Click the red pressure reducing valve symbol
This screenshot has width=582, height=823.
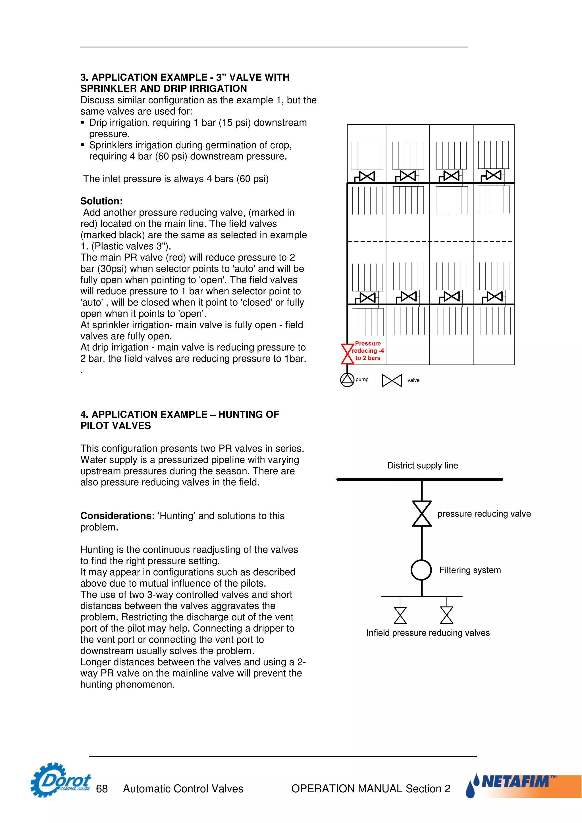tap(347, 354)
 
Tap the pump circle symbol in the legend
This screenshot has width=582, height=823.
tap(347, 380)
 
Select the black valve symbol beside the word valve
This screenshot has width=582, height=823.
tap(392, 380)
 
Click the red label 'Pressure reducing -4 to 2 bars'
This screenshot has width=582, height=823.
tap(368, 350)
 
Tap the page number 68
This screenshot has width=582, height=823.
tap(102, 789)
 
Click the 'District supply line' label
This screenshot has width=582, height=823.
tap(422, 465)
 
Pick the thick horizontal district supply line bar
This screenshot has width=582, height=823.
tap(419, 479)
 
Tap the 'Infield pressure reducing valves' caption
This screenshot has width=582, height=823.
tap(428, 633)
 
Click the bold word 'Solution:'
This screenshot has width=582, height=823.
tap(101, 201)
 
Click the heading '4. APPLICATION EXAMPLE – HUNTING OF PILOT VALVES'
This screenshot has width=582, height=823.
tap(179, 420)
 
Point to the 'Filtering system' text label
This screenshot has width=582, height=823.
tap(470, 570)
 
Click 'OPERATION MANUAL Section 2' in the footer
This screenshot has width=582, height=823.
tap(371, 789)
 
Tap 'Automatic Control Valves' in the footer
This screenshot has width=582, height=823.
tap(183, 789)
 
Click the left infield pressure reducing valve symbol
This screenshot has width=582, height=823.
tap(400, 615)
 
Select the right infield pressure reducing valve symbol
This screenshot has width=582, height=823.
tap(446, 615)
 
